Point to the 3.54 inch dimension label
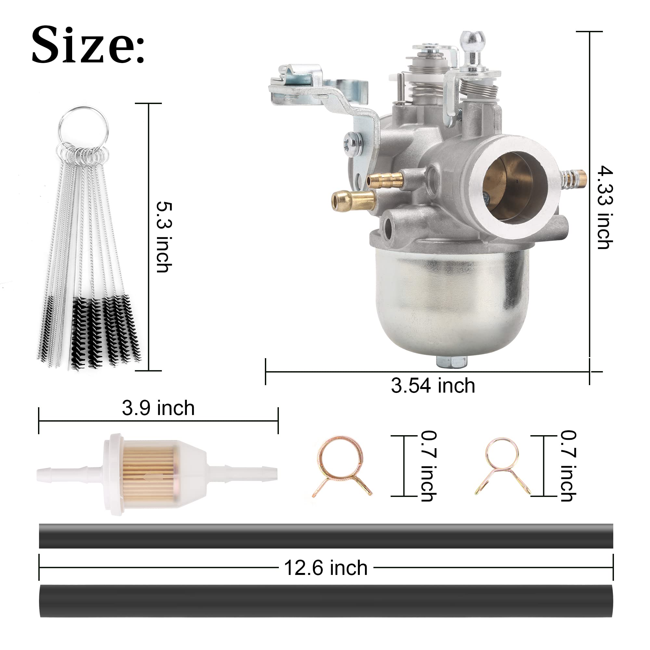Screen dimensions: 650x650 [433, 385]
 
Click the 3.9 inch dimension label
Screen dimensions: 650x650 [158, 408]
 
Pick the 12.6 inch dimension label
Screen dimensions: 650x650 [325, 568]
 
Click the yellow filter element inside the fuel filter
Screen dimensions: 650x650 [148, 474]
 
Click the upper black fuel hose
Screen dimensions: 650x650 [326, 536]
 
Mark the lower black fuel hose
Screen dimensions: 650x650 [326, 601]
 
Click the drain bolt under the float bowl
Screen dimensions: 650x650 [451, 362]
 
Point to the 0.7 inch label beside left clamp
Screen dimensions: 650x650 [429, 466]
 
